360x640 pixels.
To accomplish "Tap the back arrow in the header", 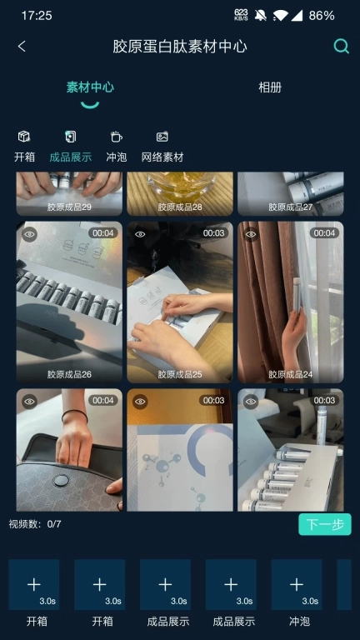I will click(x=22, y=47).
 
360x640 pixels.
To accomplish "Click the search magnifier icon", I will click(x=341, y=47).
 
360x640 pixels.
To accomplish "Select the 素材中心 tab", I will click(x=90, y=87).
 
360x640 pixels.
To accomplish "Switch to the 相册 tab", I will click(x=270, y=87).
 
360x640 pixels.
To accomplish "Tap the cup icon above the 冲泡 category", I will click(x=116, y=137).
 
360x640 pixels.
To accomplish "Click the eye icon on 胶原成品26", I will click(x=30, y=234).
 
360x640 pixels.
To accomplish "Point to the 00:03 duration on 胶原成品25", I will click(x=214, y=233).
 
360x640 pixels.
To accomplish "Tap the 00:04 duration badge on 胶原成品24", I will click(x=325, y=233).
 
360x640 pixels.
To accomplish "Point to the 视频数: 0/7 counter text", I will click(x=35, y=524).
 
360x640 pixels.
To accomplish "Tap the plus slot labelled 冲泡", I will click(x=296, y=585).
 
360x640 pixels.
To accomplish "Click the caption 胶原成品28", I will click(x=179, y=207).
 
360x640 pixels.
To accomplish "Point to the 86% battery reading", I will click(x=322, y=15).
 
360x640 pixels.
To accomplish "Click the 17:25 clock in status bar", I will click(x=37, y=15).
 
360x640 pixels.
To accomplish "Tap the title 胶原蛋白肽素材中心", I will click(x=180, y=47).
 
